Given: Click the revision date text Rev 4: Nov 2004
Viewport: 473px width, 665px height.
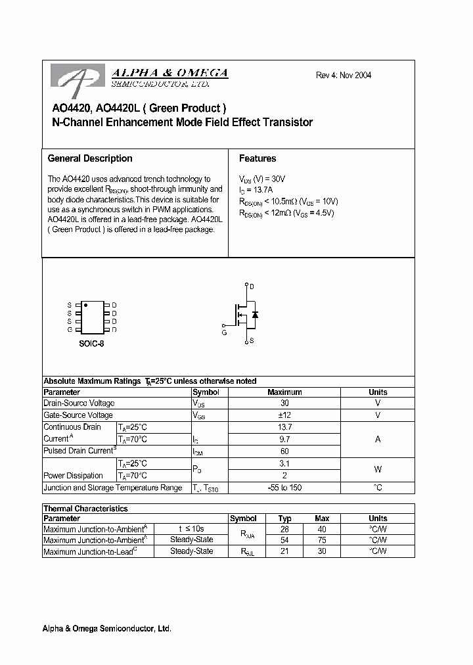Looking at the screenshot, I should click(x=344, y=75).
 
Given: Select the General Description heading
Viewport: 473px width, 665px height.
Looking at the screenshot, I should click(x=90, y=158).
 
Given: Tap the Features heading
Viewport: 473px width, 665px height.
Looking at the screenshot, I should click(x=258, y=158).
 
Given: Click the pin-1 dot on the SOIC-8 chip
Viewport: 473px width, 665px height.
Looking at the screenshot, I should click(x=85, y=306).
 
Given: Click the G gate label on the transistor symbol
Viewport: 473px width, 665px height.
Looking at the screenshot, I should click(x=224, y=333).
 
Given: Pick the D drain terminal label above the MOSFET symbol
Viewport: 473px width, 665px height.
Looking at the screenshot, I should click(x=252, y=287).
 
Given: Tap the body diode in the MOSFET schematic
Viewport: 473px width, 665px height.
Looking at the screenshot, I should click(x=254, y=315).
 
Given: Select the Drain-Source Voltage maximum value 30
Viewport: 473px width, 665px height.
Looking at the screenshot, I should click(x=284, y=403).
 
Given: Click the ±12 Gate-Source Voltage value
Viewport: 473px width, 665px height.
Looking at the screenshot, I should click(x=284, y=415).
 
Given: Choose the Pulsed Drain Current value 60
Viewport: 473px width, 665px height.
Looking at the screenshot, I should click(x=284, y=451).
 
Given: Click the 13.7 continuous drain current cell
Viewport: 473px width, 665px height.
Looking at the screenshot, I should click(x=284, y=427).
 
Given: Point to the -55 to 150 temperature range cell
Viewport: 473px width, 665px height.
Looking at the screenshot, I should click(x=284, y=488).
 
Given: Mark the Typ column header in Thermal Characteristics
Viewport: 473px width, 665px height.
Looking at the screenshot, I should click(x=284, y=518).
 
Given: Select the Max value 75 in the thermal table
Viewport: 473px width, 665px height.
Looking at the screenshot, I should click(x=322, y=540).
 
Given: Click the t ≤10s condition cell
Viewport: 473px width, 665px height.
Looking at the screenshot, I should click(x=191, y=528).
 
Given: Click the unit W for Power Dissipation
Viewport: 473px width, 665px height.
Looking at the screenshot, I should click(x=378, y=469).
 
